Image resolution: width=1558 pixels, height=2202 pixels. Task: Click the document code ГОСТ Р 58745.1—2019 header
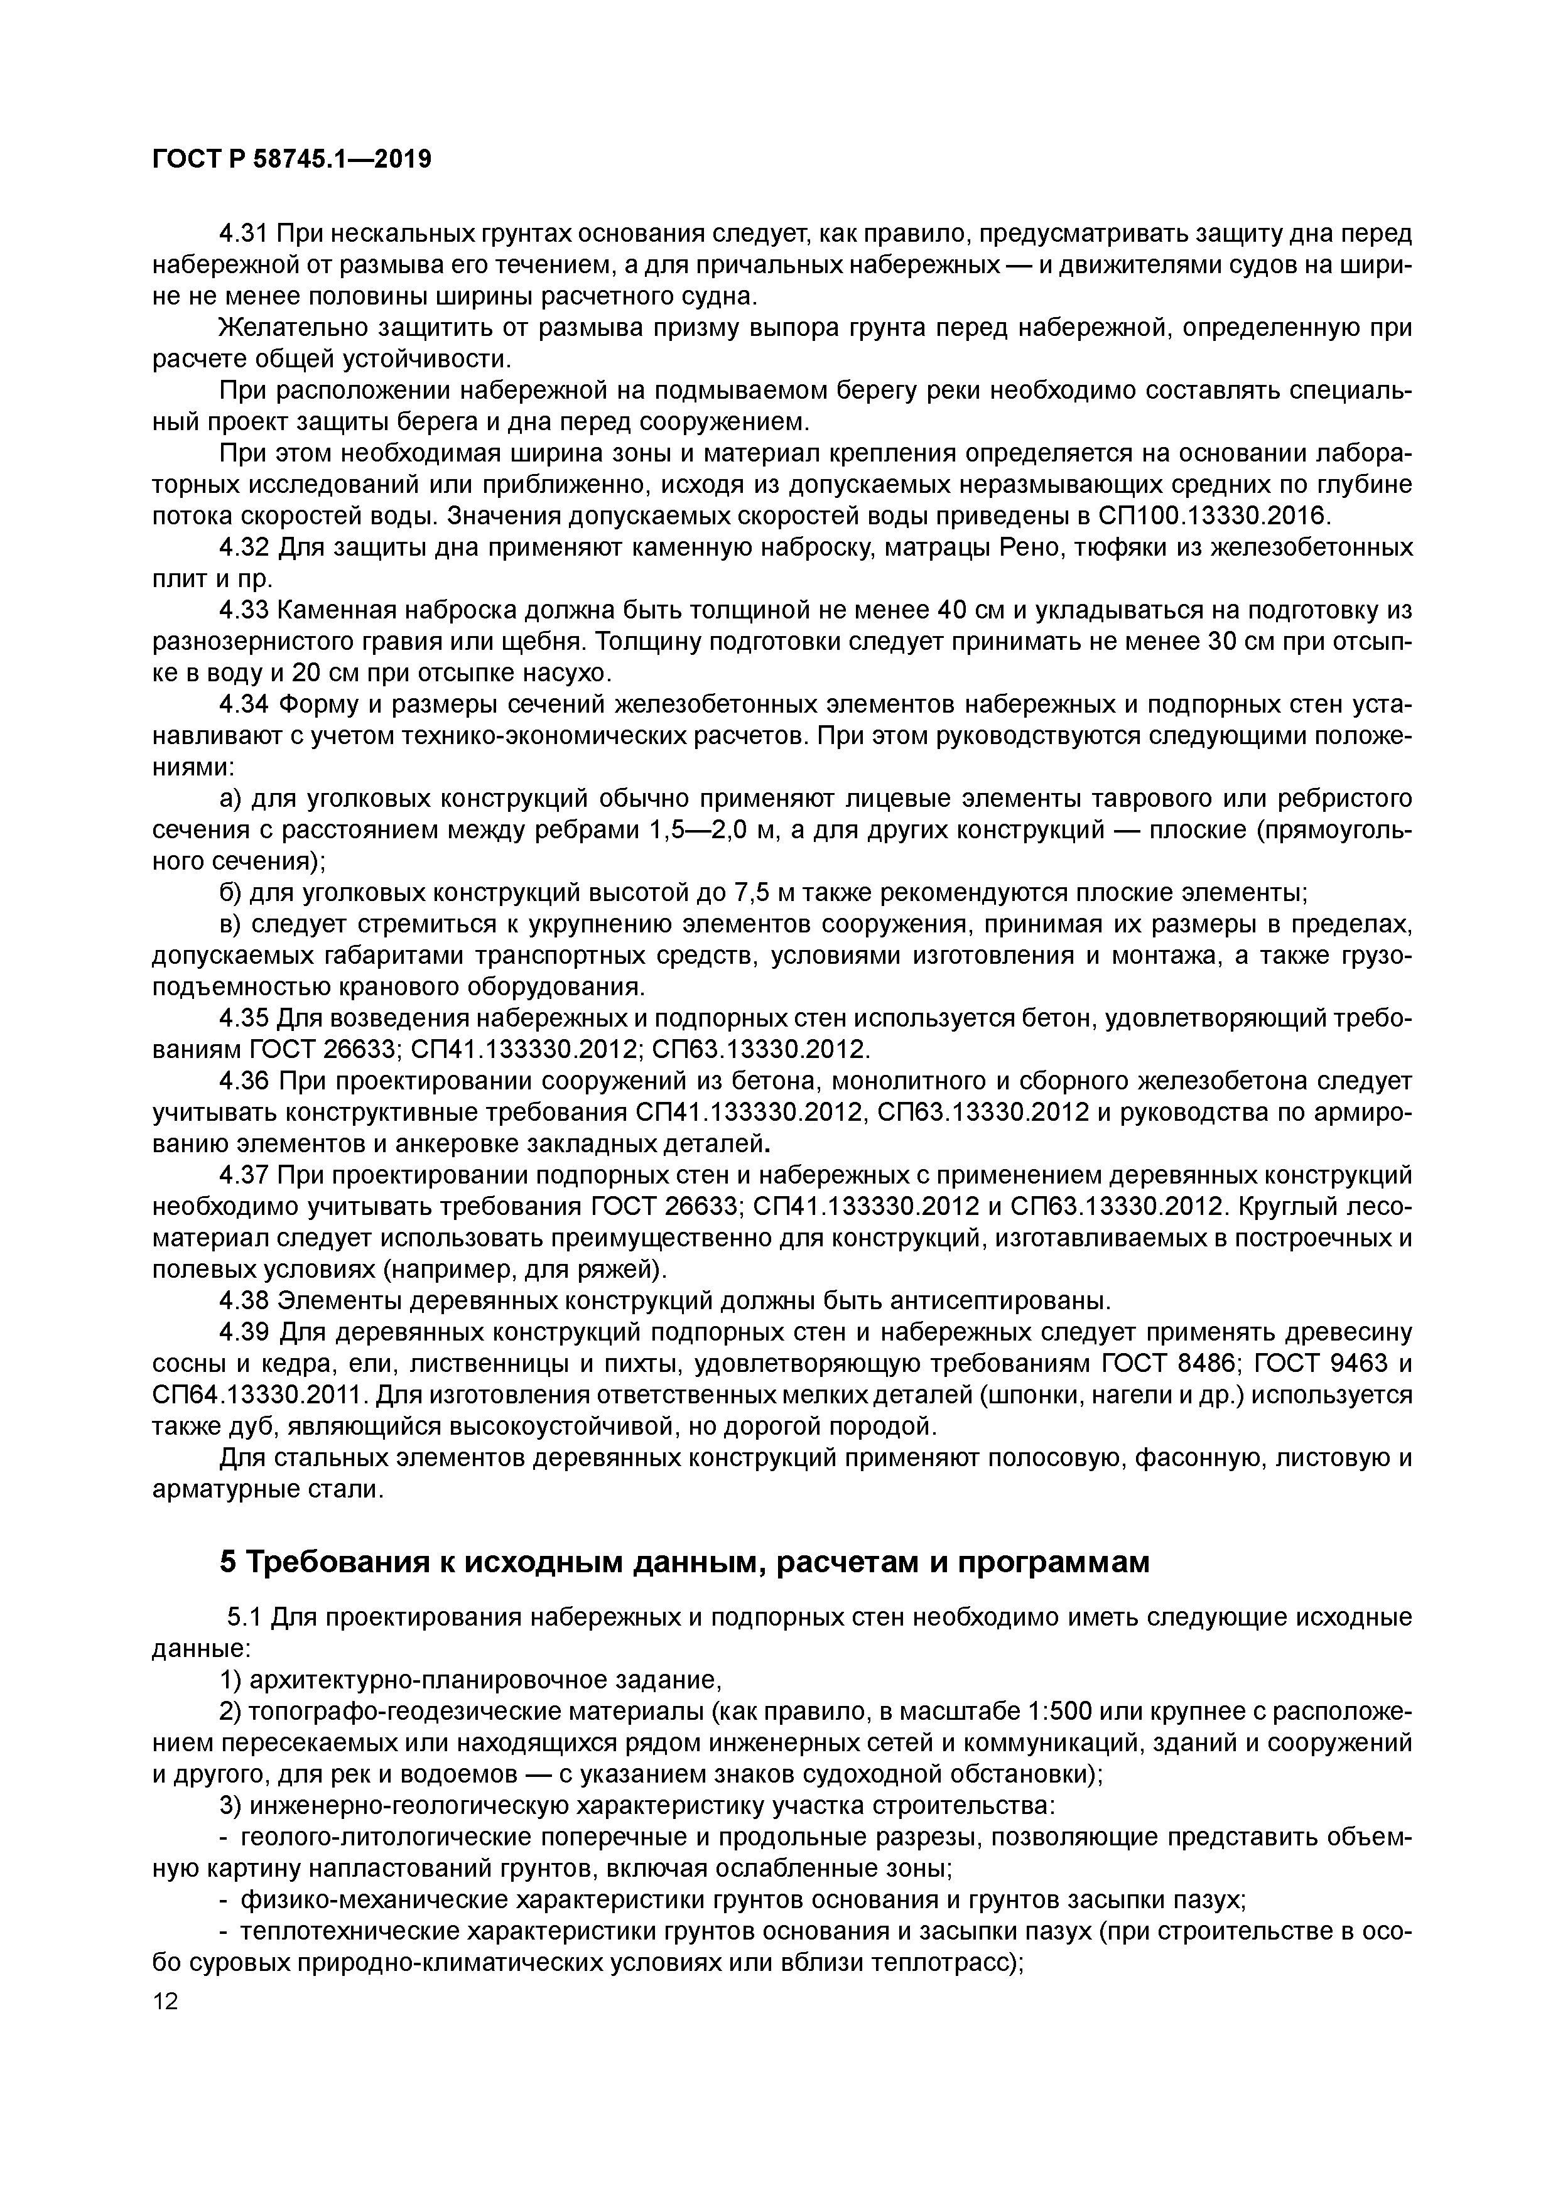pos(291,159)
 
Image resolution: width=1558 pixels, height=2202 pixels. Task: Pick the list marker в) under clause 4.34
pos(231,924)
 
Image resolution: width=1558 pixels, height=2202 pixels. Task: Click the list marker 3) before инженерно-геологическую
pos(230,1807)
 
